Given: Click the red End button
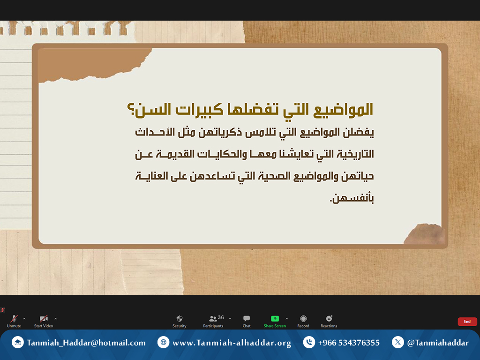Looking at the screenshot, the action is click(467, 322).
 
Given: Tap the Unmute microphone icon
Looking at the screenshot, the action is click(14, 319).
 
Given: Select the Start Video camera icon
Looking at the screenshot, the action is click(44, 319).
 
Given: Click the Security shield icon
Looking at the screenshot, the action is click(180, 319).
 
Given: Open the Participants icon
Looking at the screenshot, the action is click(213, 319).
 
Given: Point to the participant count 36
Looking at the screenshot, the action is click(221, 317).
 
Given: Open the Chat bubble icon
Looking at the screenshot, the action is click(247, 319).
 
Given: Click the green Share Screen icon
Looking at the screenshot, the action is click(275, 319).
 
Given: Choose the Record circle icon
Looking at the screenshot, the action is click(303, 319).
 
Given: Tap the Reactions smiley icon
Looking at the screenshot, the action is click(329, 318).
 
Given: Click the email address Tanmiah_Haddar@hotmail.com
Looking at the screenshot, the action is click(86, 343).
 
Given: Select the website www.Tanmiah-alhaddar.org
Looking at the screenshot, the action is click(232, 343).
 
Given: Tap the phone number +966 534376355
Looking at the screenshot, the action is click(349, 343).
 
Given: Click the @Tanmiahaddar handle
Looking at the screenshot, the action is click(438, 343).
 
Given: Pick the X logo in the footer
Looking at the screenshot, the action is click(397, 342).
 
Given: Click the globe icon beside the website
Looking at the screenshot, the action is click(164, 342).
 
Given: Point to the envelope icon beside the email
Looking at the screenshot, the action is click(18, 342).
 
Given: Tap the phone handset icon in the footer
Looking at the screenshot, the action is click(309, 342).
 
